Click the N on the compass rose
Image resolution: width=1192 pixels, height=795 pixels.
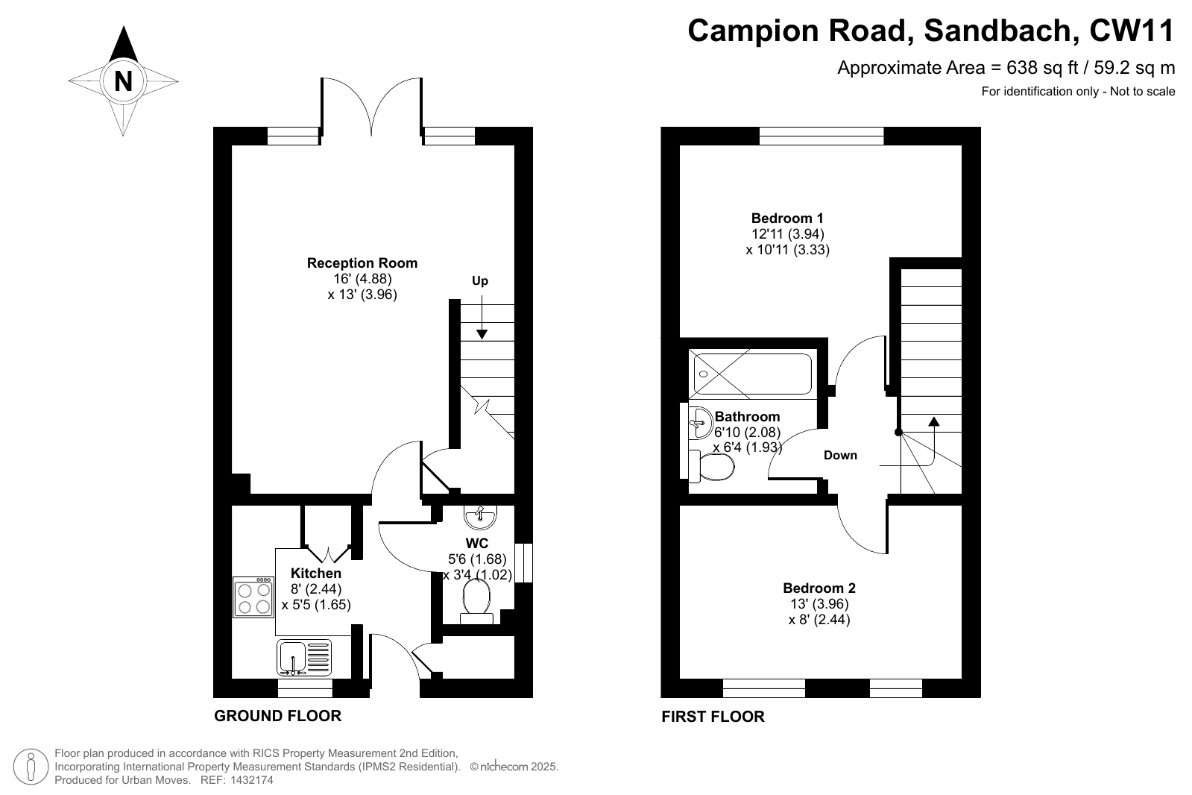123,81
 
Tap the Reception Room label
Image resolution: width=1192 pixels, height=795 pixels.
362,263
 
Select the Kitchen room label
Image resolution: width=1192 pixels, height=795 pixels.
316,574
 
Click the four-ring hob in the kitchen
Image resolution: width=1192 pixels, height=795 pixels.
254,597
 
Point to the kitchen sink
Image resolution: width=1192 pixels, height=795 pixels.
304,658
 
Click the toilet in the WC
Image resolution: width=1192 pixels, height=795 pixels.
476,601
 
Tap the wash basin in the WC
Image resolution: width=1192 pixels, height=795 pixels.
481,517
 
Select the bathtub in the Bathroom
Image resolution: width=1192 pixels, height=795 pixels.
752,374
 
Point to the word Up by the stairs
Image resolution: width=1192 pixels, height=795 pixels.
480,280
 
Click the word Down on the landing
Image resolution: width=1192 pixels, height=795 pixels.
840,455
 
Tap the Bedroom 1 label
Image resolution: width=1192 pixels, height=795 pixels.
787,219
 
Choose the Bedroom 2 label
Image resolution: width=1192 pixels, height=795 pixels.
819,588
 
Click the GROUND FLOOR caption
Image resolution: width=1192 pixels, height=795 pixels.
278,716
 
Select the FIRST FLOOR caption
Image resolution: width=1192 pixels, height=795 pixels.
713,717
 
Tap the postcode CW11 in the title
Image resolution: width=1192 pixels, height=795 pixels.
1132,31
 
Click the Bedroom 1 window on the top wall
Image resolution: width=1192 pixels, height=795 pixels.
822,136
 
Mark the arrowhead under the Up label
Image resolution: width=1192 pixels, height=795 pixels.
482,334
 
